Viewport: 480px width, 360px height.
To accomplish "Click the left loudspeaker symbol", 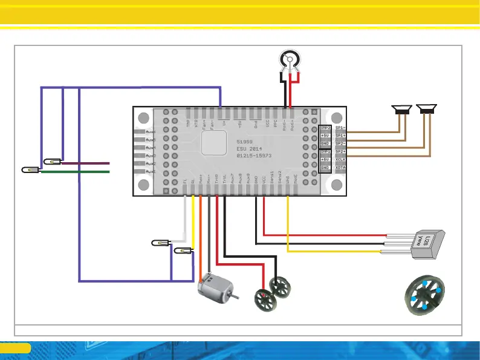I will (401, 109).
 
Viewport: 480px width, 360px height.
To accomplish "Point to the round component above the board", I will (288, 61).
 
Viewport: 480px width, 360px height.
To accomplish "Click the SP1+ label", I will (340, 136).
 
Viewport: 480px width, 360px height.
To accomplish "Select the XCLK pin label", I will (340, 159).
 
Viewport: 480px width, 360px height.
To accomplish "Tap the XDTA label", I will (340, 167).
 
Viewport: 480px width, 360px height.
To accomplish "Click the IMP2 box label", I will (325, 128).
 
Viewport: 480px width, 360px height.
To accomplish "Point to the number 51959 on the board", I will (244, 140).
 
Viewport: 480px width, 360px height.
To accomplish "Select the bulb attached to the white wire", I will (159, 243).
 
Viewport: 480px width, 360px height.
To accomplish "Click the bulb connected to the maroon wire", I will (52, 162).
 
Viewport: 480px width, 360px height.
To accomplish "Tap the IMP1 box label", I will (325, 151).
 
